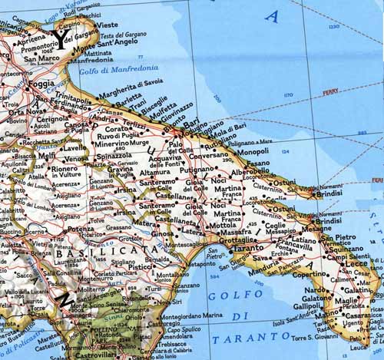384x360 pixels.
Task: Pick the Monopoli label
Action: (x=253, y=152)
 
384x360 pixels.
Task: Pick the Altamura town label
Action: (x=157, y=174)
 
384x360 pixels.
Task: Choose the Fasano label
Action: (x=258, y=163)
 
